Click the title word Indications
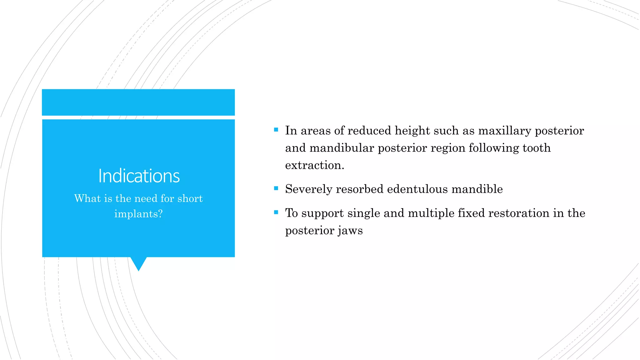pos(139,176)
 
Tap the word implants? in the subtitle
pos(138,214)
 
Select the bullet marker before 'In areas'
pos(276,129)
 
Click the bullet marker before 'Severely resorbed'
pos(276,188)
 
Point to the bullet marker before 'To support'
pos(276,212)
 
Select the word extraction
pos(314,165)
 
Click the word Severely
pos(308,189)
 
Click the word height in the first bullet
pos(412,131)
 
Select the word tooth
pos(537,148)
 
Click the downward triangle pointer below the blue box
pos(138,263)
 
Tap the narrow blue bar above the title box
pos(138,102)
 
